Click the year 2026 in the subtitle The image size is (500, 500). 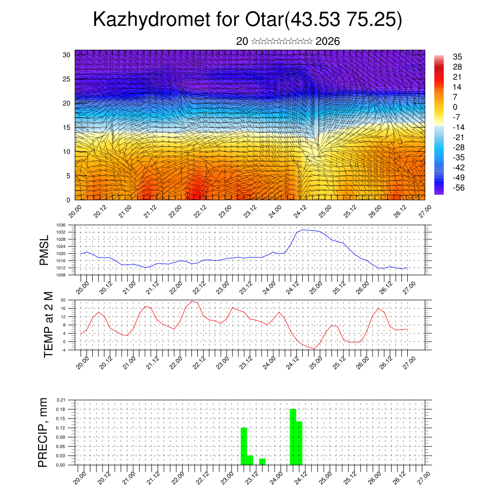[x=328, y=42]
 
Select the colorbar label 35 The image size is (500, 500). [x=458, y=57]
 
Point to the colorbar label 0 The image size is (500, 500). [x=455, y=107]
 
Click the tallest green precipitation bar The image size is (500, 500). [x=293, y=437]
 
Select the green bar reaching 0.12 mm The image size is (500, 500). [x=244, y=446]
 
